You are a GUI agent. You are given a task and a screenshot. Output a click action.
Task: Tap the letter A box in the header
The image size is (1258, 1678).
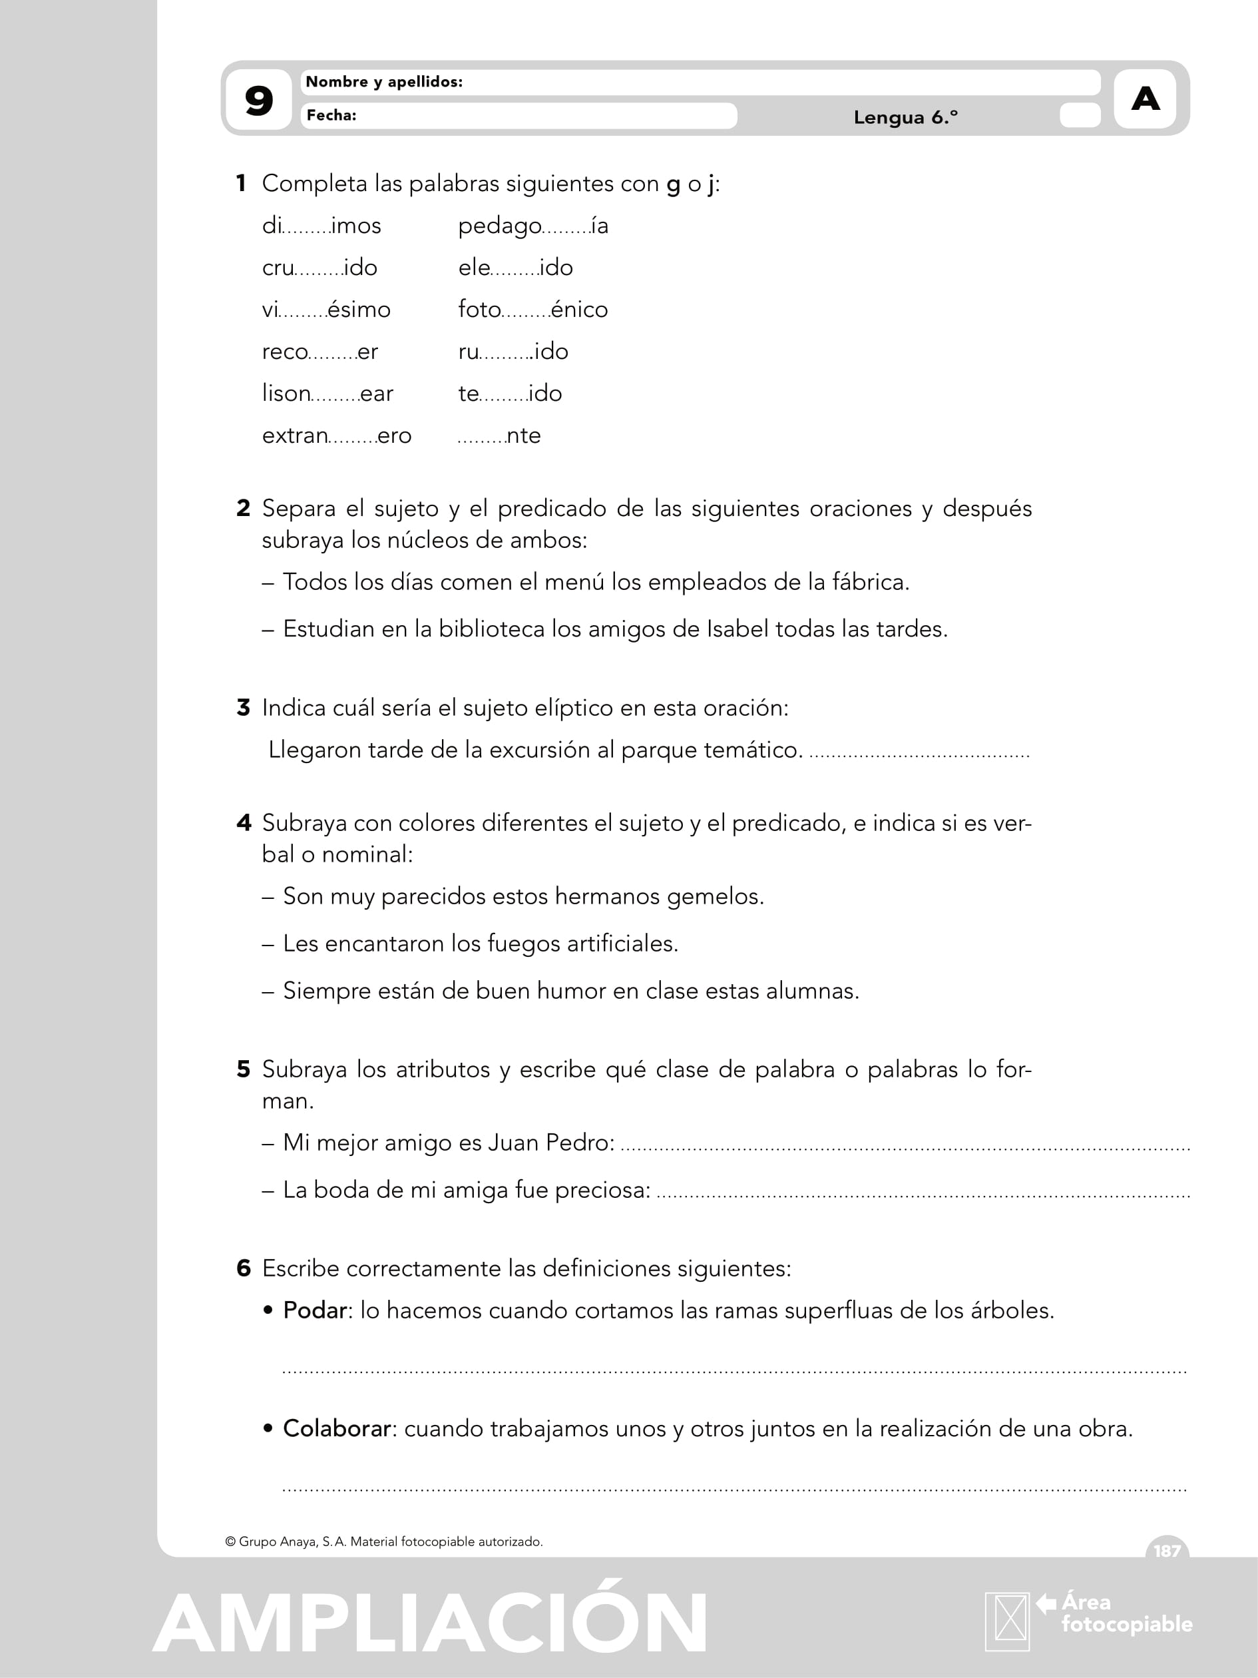(x=1145, y=99)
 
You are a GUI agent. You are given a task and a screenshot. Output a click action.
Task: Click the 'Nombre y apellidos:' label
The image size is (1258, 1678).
(x=383, y=82)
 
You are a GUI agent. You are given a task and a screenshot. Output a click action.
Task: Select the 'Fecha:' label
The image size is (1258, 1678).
(x=331, y=115)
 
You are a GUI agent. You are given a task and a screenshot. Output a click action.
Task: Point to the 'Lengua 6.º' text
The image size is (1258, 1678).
(x=905, y=118)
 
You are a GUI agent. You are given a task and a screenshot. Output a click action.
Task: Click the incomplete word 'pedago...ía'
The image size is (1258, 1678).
(x=532, y=226)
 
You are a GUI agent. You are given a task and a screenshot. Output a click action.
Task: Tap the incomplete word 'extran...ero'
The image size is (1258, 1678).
(x=337, y=435)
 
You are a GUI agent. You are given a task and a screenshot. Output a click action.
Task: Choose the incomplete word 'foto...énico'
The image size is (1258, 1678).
(x=532, y=310)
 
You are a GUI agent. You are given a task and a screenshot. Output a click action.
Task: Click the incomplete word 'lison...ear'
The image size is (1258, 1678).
(x=327, y=394)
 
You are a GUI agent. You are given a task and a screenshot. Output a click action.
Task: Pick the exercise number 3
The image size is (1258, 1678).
(x=244, y=708)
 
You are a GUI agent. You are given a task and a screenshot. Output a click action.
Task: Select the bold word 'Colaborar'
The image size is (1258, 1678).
(x=337, y=1428)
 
